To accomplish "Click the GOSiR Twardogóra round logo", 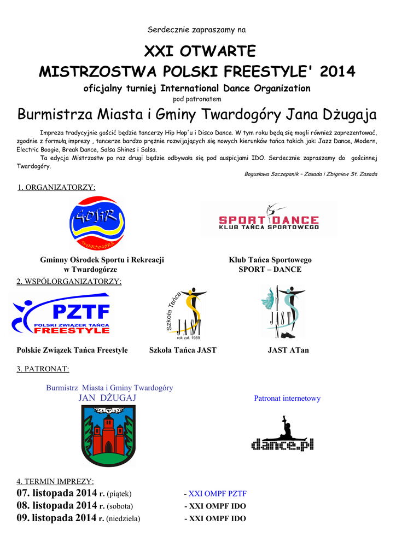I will (97, 224).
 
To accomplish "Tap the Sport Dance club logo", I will (269, 219).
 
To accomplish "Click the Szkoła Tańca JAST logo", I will (184, 313).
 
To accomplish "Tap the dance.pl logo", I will (282, 435).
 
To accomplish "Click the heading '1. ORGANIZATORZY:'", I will (56, 188).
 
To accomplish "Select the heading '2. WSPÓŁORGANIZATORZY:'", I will (69, 282).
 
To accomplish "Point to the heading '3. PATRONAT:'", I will (43, 369).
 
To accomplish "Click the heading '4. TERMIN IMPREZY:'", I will (55, 481).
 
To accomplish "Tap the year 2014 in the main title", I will (337, 72).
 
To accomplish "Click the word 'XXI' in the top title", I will (159, 51).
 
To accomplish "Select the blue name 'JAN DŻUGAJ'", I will (107, 398).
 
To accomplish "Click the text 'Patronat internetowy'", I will (287, 399).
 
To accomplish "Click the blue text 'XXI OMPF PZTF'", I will (217, 494).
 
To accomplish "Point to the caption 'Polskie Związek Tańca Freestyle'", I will (72, 350).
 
